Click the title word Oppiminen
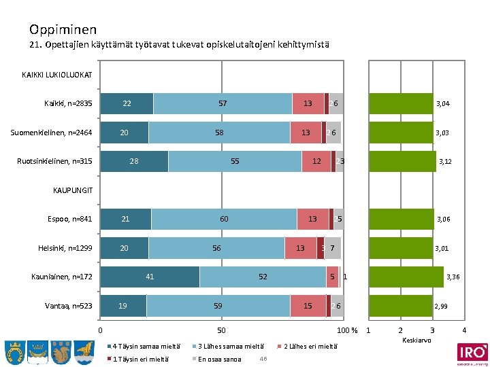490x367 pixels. tap(63, 29)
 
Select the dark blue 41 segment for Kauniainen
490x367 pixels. tap(150, 277)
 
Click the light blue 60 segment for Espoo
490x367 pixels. tap(224, 219)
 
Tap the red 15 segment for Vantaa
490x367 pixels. tap(308, 306)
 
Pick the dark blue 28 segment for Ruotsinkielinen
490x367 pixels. tap(134, 161)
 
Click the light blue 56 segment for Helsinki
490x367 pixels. tap(216, 248)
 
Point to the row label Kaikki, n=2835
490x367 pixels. tap(68, 103)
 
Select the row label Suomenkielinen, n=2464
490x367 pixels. tap(52, 132)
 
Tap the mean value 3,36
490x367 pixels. tap(453, 277)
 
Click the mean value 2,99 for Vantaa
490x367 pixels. tap(441, 307)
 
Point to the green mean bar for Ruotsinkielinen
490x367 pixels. tap(402, 161)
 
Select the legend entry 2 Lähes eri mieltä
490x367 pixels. tap(309, 346)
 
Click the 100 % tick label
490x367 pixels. tap(348, 330)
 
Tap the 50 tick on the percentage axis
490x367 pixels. tap(220, 330)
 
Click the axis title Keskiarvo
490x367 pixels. tap(416, 339)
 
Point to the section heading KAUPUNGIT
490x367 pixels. tap(73, 190)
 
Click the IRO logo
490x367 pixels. tap(472, 353)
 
